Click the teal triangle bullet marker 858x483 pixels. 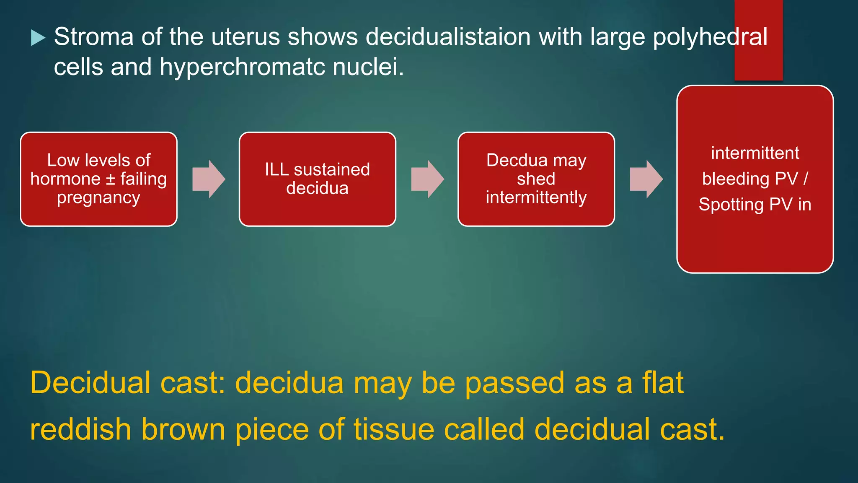38,38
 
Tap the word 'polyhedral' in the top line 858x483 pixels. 710,37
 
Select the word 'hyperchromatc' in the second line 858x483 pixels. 242,67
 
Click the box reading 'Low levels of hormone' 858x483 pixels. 98,179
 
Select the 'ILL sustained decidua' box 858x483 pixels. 317,179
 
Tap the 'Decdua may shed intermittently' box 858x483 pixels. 536,179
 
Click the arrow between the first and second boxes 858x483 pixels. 209,179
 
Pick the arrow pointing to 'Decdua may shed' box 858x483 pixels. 427,179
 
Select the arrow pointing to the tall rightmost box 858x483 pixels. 646,179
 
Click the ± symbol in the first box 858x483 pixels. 110,179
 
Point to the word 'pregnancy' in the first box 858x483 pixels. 98,198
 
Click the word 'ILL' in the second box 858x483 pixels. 277,170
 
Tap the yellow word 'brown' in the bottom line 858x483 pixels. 183,429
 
